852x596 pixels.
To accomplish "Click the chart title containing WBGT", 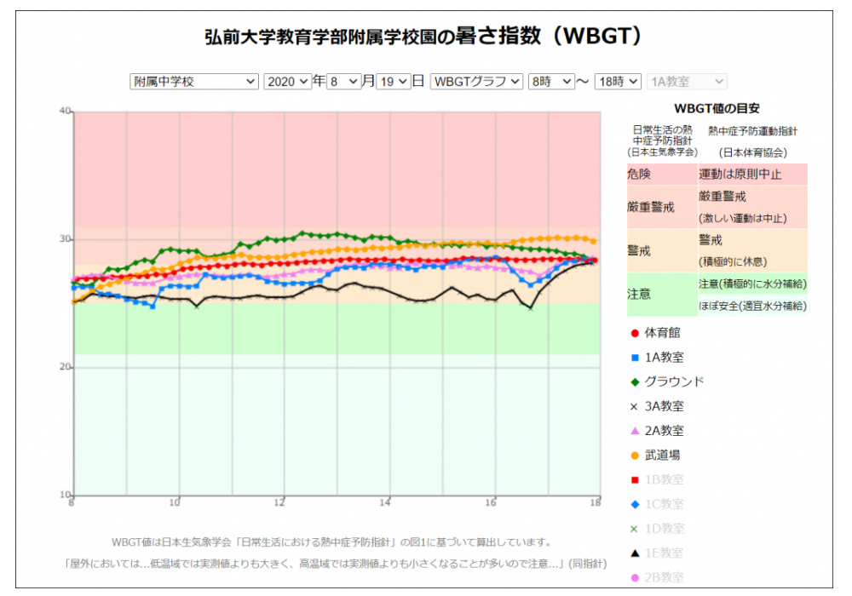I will tap(423, 37).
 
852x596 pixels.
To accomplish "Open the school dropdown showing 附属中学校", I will tap(193, 82).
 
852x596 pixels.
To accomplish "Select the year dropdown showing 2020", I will tap(287, 82).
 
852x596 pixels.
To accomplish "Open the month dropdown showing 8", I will tap(343, 82).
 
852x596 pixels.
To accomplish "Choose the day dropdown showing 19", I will tap(393, 82).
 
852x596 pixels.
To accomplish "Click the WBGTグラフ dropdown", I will tap(476, 82).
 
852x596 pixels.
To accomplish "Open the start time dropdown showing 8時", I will tap(551, 82).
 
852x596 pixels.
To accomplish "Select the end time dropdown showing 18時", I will tap(618, 82).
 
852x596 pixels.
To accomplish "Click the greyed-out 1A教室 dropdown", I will tap(687, 82).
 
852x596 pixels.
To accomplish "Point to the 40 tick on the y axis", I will tap(64, 111).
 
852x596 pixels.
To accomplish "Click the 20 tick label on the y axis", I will tap(64, 367).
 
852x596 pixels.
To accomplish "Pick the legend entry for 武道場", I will tap(661, 456).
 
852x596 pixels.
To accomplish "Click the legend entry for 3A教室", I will tap(663, 406).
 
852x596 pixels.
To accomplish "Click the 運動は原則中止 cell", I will tap(740, 174).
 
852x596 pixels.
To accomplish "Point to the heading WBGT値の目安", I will tap(717, 109).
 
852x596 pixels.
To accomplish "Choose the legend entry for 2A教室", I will tap(663, 431).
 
